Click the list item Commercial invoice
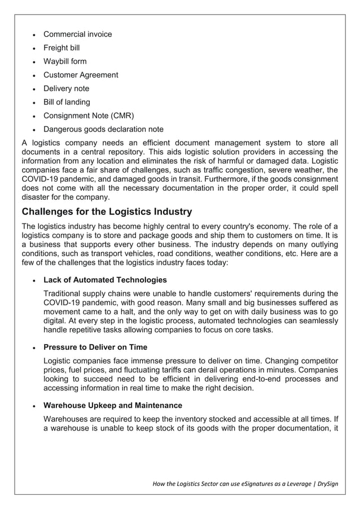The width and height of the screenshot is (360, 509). click(77, 34)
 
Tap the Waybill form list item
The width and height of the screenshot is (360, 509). click(65, 62)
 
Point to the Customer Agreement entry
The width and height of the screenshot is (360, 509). click(81, 75)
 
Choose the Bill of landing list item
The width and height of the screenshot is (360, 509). click(67, 102)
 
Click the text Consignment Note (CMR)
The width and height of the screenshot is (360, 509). click(89, 116)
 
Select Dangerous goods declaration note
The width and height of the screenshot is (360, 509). click(103, 129)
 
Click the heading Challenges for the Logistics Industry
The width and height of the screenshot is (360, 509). click(106, 212)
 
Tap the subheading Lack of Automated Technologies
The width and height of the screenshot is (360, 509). click(105, 280)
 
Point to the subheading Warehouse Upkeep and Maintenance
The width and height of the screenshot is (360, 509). click(113, 406)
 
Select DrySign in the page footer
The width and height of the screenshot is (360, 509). click(324, 484)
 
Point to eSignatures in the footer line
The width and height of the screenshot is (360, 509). click(258, 484)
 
